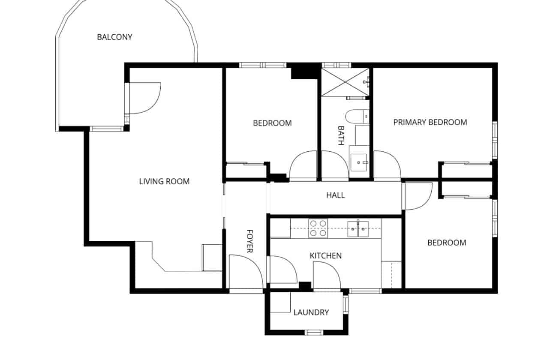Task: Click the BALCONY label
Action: (x=114, y=37)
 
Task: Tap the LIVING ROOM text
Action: (x=164, y=181)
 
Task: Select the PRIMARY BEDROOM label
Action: (x=430, y=122)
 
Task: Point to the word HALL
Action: (x=335, y=195)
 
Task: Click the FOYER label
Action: (x=249, y=241)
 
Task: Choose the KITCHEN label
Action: (x=325, y=256)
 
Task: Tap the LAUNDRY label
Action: (x=311, y=312)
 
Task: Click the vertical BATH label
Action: (x=341, y=135)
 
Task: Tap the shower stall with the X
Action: (x=345, y=82)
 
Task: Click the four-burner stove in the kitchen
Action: (x=318, y=228)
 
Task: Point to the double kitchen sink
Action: (x=358, y=228)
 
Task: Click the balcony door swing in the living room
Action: (x=144, y=99)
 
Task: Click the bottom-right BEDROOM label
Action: (x=446, y=243)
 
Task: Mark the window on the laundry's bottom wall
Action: (x=313, y=332)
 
